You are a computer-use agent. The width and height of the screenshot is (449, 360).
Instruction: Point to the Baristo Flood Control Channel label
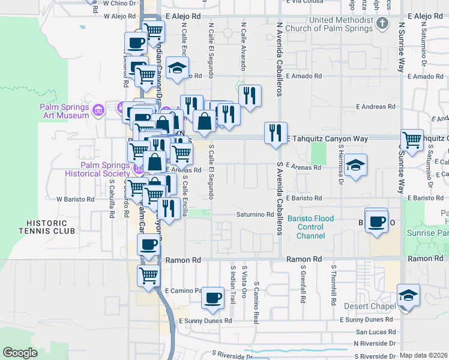pyautogui.click(x=310, y=227)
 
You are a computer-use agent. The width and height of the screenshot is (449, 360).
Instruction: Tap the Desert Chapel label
pyautogui.click(x=369, y=306)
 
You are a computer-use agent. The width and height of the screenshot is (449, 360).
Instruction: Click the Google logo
pyautogui.click(x=20, y=353)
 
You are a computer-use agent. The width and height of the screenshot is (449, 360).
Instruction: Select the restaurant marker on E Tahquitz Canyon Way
pyautogui.click(x=276, y=133)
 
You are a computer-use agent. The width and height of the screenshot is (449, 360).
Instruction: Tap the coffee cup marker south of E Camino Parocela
pyautogui.click(x=212, y=299)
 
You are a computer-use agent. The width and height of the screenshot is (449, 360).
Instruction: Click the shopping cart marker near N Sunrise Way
pyautogui.click(x=412, y=140)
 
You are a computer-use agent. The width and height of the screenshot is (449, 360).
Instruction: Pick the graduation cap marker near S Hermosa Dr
pyautogui.click(x=356, y=166)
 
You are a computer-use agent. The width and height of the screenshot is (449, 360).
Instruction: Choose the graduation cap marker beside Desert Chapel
pyautogui.click(x=408, y=295)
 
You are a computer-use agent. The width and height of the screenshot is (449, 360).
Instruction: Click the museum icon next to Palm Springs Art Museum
pyautogui.click(x=98, y=110)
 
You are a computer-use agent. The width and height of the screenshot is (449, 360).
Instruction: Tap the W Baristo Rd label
pyautogui.click(x=76, y=199)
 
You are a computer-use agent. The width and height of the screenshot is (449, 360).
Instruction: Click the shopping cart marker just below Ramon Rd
pyautogui.click(x=148, y=275)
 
